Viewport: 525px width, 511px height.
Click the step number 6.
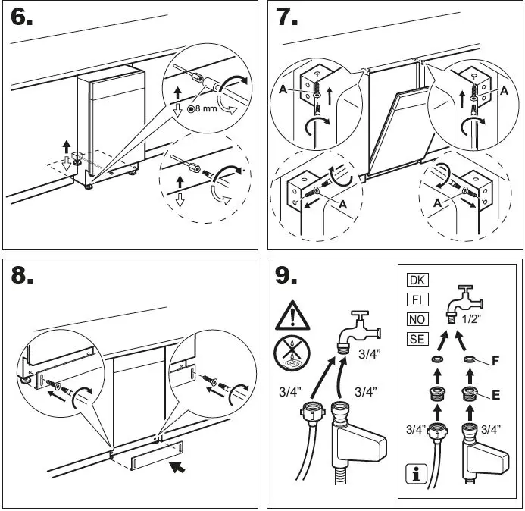[22, 18]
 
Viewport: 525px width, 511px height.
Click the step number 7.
[287, 18]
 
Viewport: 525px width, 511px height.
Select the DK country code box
[417, 279]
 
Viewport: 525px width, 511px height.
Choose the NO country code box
[417, 319]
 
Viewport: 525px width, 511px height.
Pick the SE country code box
[417, 340]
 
